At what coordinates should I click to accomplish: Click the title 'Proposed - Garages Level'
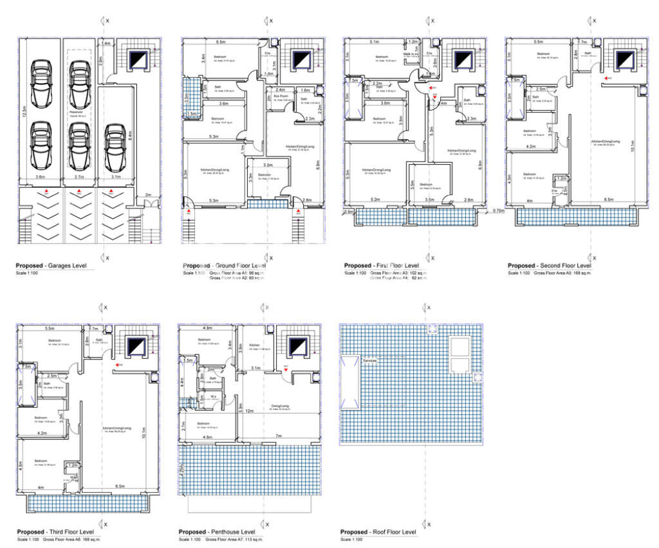pyautogui.click(x=55, y=266)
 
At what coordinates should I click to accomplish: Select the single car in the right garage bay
pyautogui.click(x=115, y=138)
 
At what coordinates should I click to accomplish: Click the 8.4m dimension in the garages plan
pyautogui.click(x=130, y=135)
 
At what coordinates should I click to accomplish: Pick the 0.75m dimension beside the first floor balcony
pyautogui.click(x=498, y=211)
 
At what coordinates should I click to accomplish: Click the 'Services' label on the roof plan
pyautogui.click(x=369, y=361)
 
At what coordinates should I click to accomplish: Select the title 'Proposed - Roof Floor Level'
pyautogui.click(x=378, y=532)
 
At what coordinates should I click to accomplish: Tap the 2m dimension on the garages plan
pyautogui.click(x=148, y=194)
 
